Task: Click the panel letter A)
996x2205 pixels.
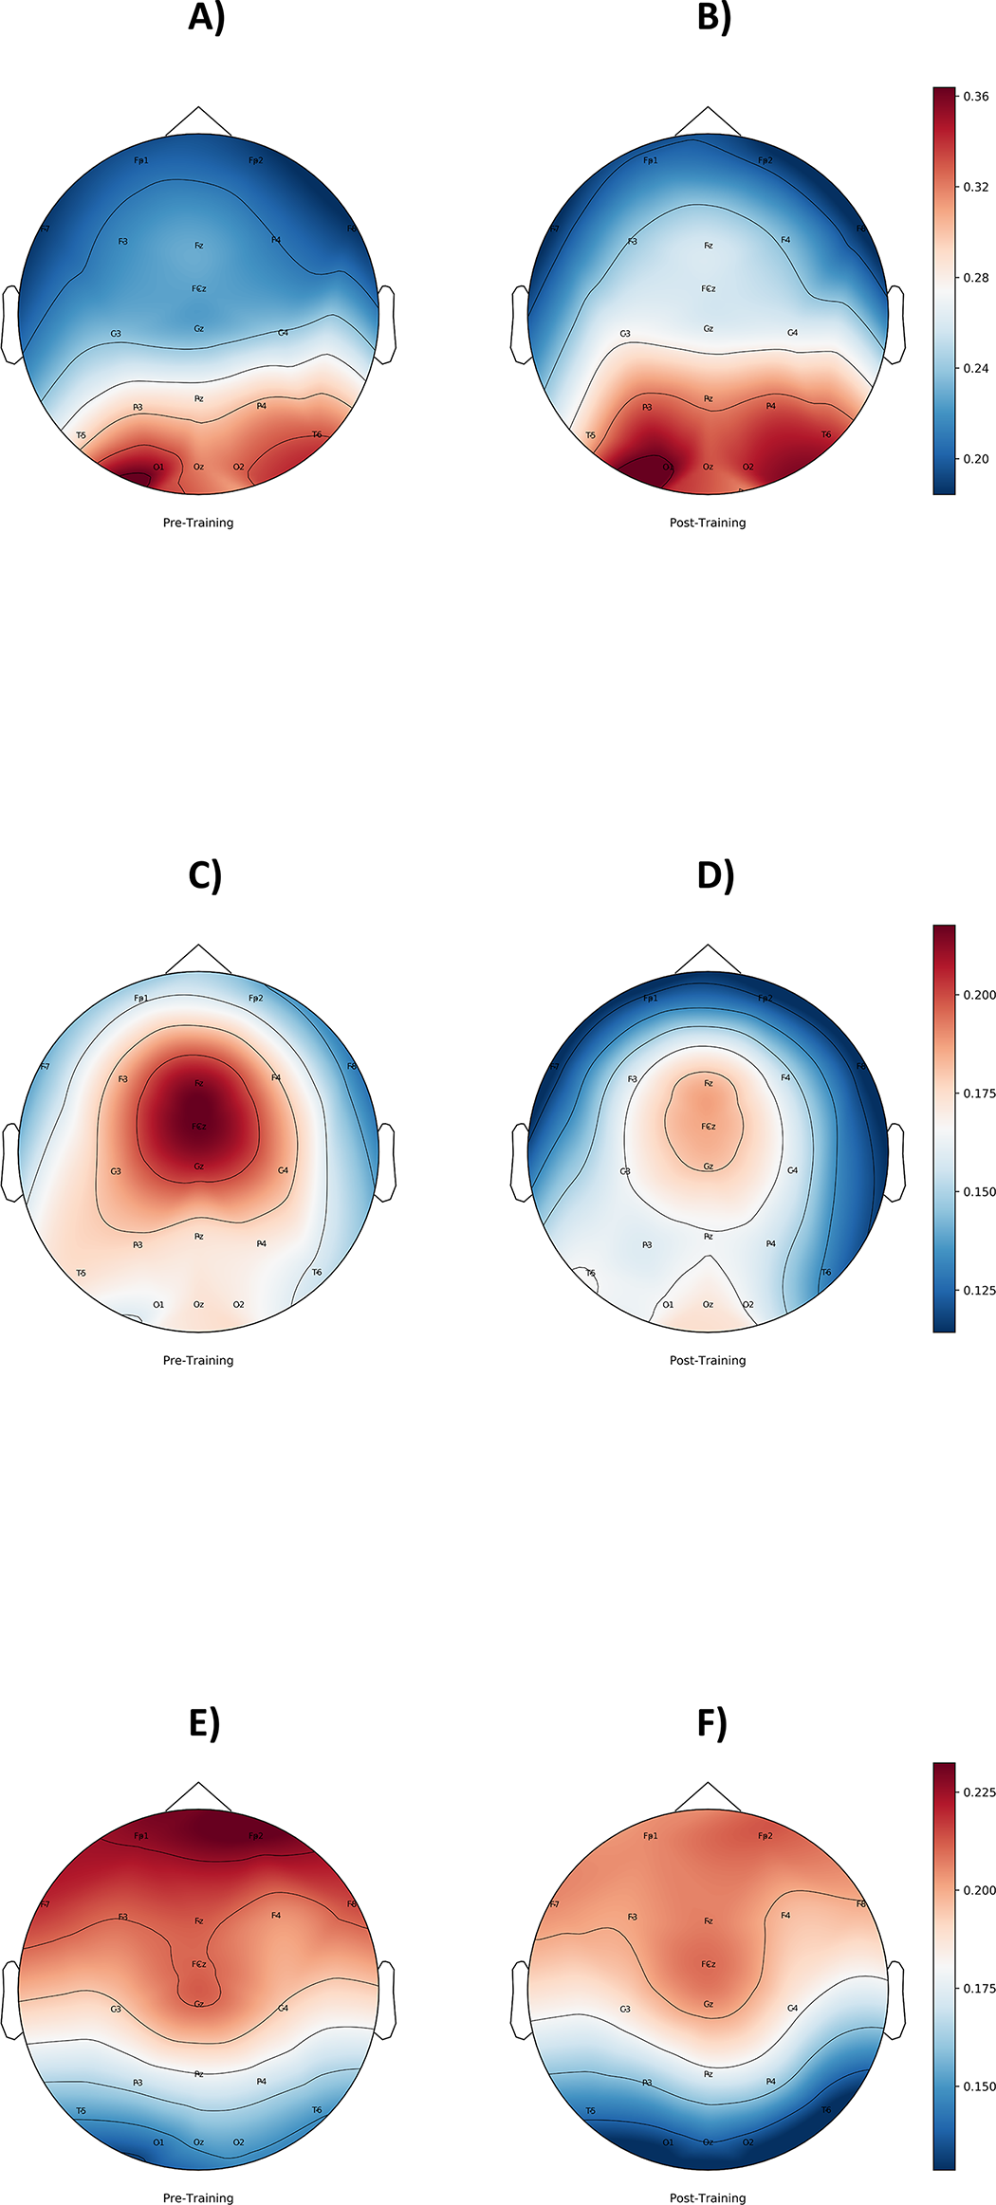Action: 207,17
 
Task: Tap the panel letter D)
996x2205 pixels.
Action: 715,874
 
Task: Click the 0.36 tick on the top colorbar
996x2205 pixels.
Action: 975,97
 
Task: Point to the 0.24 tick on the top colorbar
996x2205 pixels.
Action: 975,368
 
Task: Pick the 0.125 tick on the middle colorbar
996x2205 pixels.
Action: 979,1290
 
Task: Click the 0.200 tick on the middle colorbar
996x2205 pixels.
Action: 979,995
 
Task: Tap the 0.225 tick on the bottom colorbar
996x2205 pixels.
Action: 979,1792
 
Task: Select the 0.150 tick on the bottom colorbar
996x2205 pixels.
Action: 979,2086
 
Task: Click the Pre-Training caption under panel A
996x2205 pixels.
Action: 198,523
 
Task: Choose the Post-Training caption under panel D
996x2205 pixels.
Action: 708,1360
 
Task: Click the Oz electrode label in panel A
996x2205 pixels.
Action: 198,467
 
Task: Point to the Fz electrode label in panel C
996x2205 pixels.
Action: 198,1083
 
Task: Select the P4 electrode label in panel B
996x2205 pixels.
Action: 770,406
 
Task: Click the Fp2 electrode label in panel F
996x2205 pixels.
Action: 765,1836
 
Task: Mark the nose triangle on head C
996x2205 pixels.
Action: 198,960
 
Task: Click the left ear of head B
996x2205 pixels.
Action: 520,324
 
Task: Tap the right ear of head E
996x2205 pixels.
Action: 386,1999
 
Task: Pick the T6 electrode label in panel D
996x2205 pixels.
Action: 825,1273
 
